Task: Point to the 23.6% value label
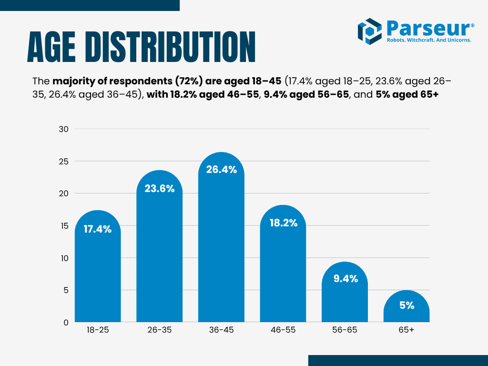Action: click(x=160, y=188)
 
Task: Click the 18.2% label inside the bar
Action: click(x=283, y=223)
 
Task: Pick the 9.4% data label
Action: click(x=345, y=279)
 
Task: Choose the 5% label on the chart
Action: click(x=407, y=305)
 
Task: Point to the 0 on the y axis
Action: click(x=65, y=323)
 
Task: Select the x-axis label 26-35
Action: click(x=160, y=330)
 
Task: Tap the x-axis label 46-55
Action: click(x=283, y=330)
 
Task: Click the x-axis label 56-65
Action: click(x=345, y=330)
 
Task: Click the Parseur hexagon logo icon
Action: click(x=370, y=31)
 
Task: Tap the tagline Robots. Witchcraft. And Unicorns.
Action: click(x=428, y=41)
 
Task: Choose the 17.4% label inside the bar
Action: click(x=98, y=229)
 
